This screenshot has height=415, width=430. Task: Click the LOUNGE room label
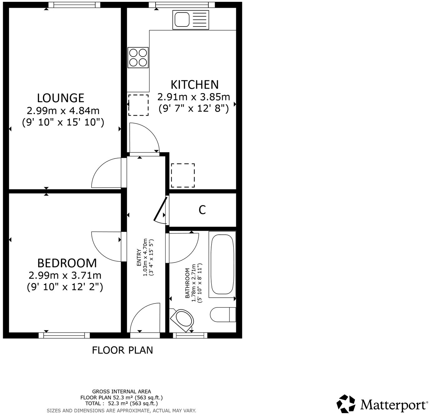(x=61, y=98)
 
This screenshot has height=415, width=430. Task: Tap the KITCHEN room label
(x=194, y=85)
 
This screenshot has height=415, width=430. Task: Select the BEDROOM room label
(x=67, y=263)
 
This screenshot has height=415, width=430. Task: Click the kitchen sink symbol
(x=191, y=20)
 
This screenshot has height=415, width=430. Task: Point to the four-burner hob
(x=138, y=57)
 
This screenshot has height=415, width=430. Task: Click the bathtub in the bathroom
(x=222, y=264)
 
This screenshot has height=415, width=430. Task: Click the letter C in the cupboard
(x=202, y=210)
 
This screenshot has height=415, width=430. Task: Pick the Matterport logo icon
(x=346, y=404)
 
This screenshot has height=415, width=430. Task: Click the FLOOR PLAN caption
(x=122, y=350)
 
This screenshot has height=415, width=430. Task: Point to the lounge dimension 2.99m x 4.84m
(x=63, y=111)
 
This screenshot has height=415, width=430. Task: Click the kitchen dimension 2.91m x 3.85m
(x=194, y=97)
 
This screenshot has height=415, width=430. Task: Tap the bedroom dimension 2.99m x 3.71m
(x=65, y=276)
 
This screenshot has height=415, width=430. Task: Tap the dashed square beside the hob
(x=138, y=105)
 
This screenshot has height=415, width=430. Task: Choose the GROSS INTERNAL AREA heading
(x=122, y=391)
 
